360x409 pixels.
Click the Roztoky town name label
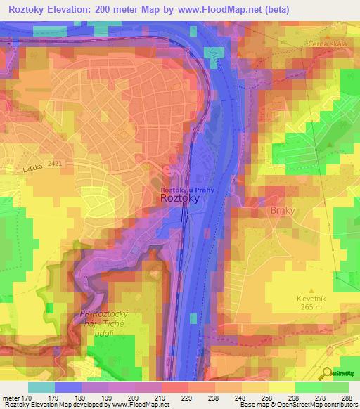(x=181, y=199)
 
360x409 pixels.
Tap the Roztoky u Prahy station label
(x=187, y=190)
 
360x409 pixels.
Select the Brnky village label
(x=262, y=209)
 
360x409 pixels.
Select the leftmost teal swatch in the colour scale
(x=41, y=387)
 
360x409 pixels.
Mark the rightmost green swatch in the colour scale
(x=335, y=387)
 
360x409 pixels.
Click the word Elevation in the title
(x=72, y=10)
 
